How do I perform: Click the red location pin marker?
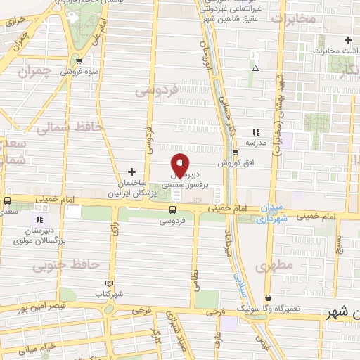(180, 165)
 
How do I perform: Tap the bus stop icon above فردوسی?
(173, 210)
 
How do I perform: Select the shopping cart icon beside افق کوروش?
(236, 151)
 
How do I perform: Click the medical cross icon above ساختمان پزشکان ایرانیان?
(131, 172)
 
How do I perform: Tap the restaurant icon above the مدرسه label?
(256, 131)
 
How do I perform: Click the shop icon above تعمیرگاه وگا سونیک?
(268, 298)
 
